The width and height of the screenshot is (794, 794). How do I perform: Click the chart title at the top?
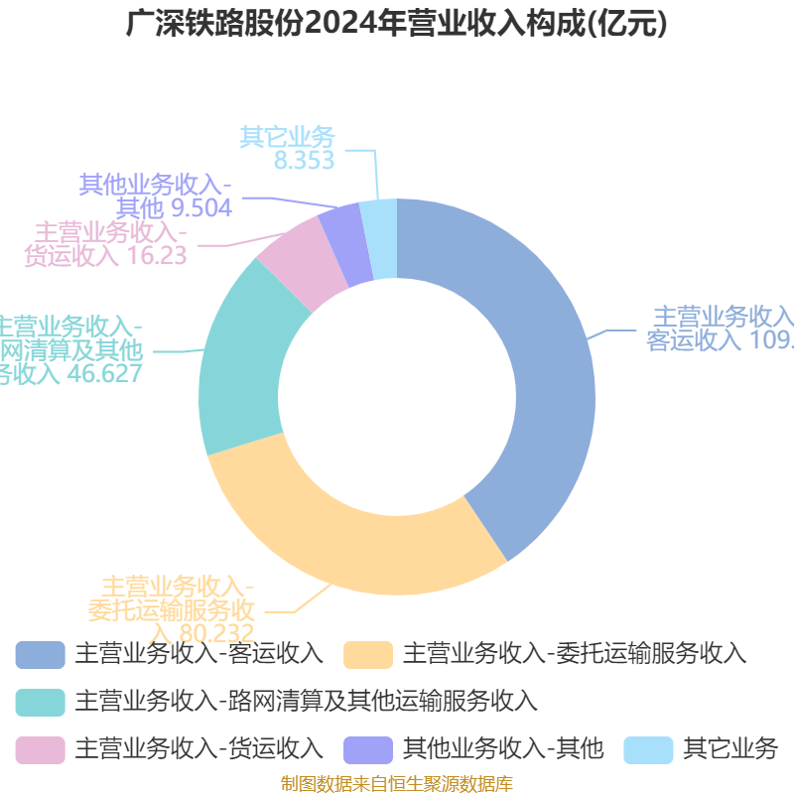click(397, 24)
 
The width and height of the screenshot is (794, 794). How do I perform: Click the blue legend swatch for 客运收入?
click(40, 655)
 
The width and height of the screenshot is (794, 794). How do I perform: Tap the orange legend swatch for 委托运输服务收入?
click(367, 655)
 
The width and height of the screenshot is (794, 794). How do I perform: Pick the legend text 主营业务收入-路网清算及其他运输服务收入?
click(306, 702)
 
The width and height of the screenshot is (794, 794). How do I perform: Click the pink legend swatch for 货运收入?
click(40, 748)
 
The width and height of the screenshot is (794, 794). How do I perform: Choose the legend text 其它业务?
click(730, 748)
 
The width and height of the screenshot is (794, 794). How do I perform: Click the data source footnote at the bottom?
click(397, 784)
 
